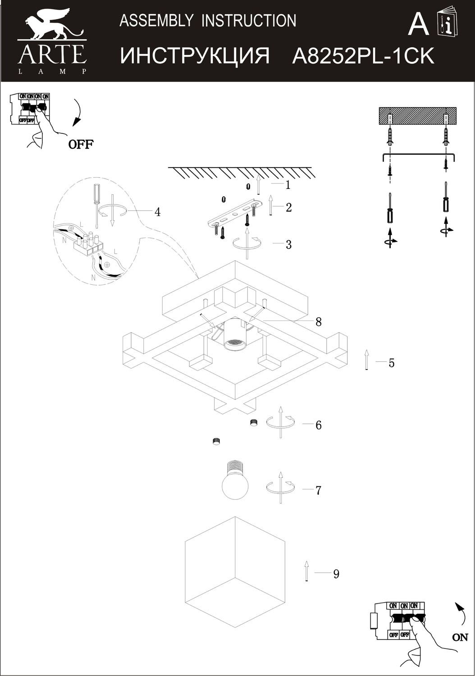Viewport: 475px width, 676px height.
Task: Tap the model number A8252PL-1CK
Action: pyautogui.click(x=363, y=56)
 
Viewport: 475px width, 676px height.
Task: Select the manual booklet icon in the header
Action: pyautogui.click(x=447, y=23)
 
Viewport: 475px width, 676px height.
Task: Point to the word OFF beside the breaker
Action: pyautogui.click(x=81, y=145)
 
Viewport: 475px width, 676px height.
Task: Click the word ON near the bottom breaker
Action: pyautogui.click(x=460, y=637)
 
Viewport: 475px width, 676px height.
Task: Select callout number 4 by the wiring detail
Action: pyautogui.click(x=157, y=212)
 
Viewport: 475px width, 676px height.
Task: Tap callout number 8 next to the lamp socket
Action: pyautogui.click(x=319, y=322)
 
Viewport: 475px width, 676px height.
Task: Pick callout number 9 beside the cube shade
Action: pyautogui.click(x=336, y=574)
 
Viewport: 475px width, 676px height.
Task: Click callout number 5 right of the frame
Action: pyautogui.click(x=391, y=363)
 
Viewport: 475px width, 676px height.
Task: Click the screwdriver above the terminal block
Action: pyautogui.click(x=96, y=203)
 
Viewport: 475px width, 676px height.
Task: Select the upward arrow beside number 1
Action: pyautogui.click(x=259, y=184)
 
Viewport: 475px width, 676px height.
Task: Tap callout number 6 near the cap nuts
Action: pyautogui.click(x=319, y=425)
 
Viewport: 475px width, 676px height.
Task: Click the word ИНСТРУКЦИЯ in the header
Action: pyautogui.click(x=195, y=56)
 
